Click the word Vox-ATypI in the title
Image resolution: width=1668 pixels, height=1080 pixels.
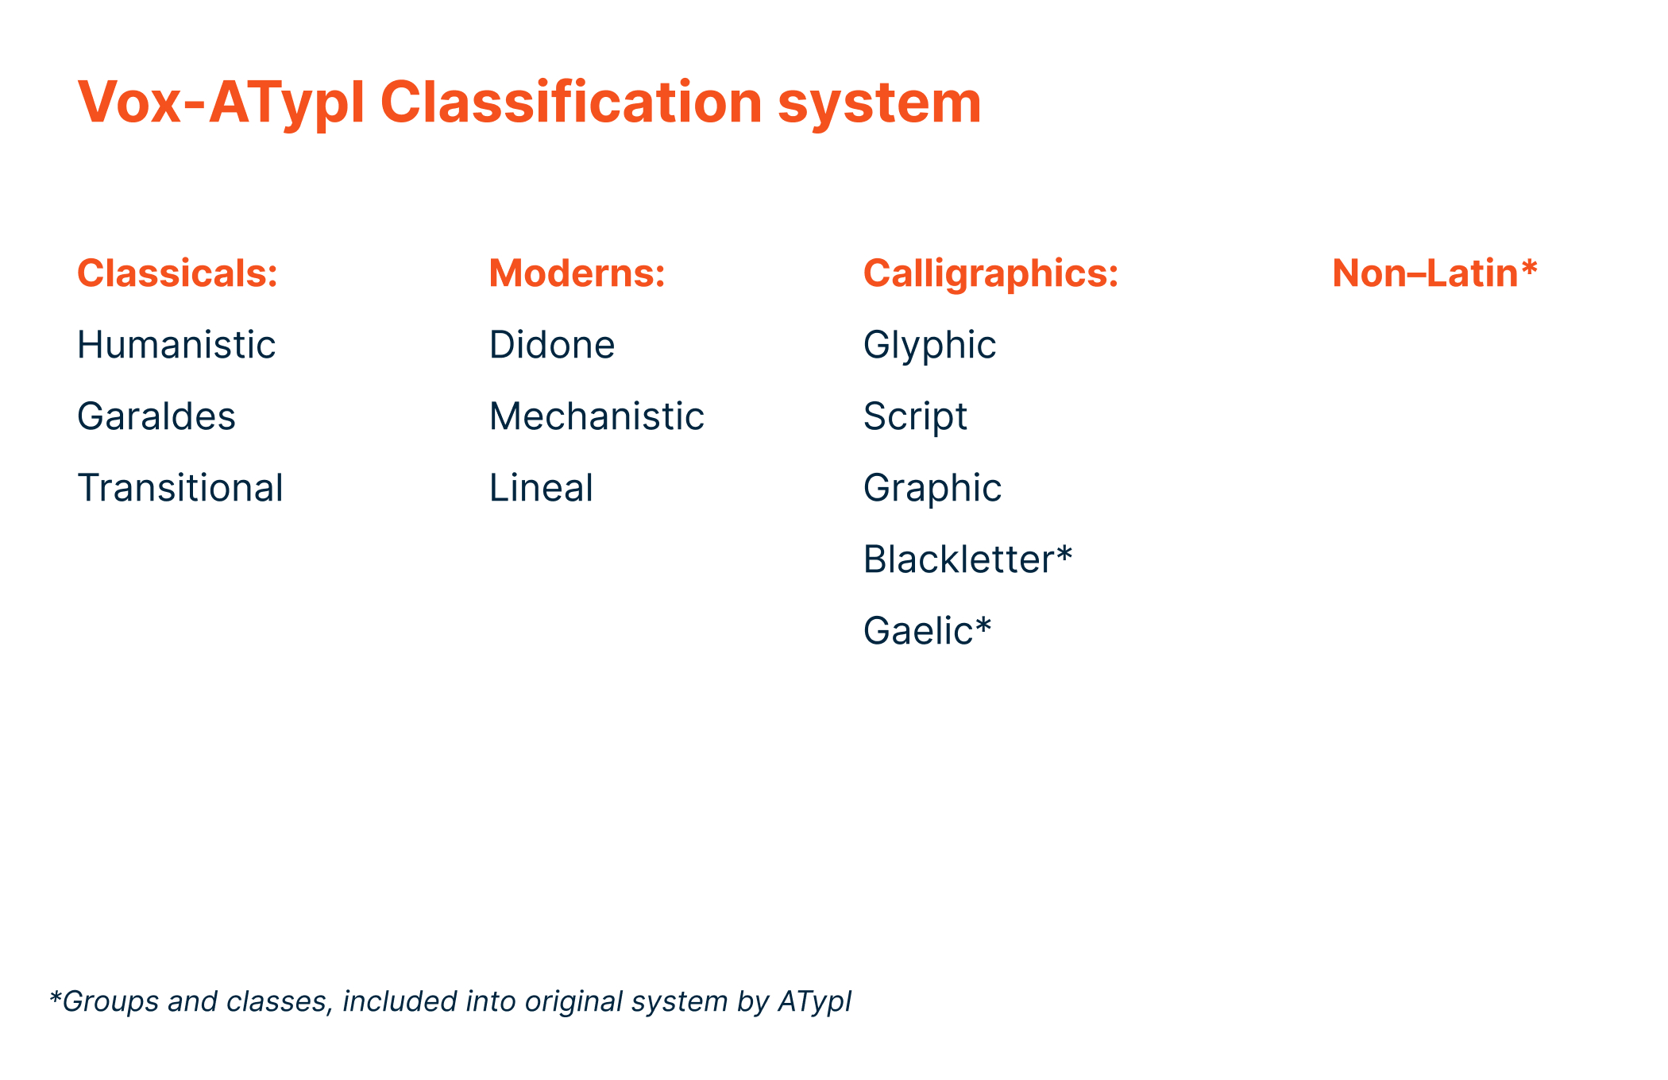click(x=221, y=103)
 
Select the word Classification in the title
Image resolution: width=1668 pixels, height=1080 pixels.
click(x=571, y=103)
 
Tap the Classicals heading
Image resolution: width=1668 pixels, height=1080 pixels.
click(x=177, y=273)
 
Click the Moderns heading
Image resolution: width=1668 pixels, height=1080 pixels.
click(x=577, y=273)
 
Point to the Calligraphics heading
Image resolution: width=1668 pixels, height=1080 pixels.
click(x=990, y=273)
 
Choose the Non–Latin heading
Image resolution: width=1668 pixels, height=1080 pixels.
click(x=1426, y=273)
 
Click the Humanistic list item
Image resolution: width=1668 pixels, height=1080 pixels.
click(x=176, y=345)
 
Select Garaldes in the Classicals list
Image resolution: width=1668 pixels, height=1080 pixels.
click(x=156, y=416)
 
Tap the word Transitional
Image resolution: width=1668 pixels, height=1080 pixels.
click(x=180, y=488)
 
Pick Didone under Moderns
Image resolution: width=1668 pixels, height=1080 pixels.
click(x=552, y=345)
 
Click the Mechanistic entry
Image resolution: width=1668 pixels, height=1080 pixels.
click(x=597, y=416)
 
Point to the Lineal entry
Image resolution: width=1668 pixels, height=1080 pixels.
click(x=541, y=488)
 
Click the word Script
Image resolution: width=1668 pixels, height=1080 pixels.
click(x=915, y=417)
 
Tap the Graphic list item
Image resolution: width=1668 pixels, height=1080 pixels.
click(x=932, y=489)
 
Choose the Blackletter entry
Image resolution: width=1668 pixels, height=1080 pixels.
click(x=959, y=559)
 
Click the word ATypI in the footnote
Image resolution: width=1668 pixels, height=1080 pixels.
click(x=814, y=1002)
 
